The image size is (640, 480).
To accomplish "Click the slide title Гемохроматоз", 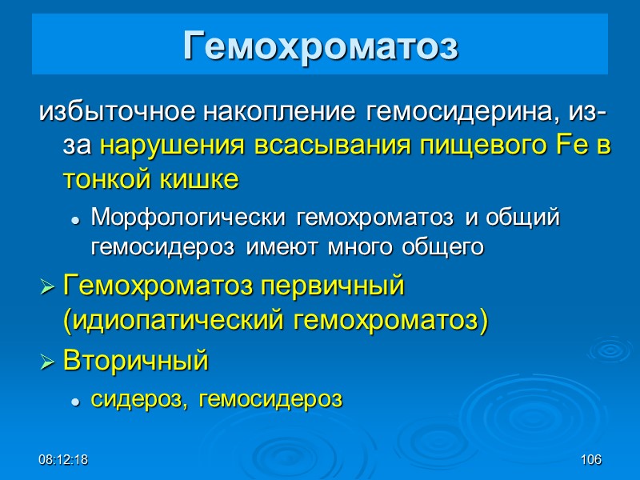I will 320,46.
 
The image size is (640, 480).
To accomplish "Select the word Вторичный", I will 135,361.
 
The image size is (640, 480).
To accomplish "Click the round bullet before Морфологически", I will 75,218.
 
